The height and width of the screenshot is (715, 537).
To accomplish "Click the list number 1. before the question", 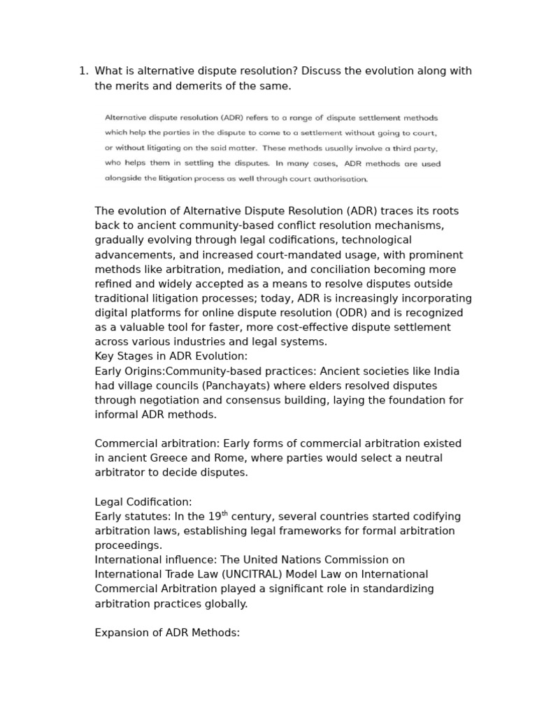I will coord(83,71).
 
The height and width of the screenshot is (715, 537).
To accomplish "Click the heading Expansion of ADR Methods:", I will coord(167,633).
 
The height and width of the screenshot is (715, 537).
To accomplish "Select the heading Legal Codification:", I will coord(143,502).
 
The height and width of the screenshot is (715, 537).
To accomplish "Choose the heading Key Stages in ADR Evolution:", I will coord(171,356).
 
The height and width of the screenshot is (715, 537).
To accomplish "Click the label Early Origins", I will coord(129,371).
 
